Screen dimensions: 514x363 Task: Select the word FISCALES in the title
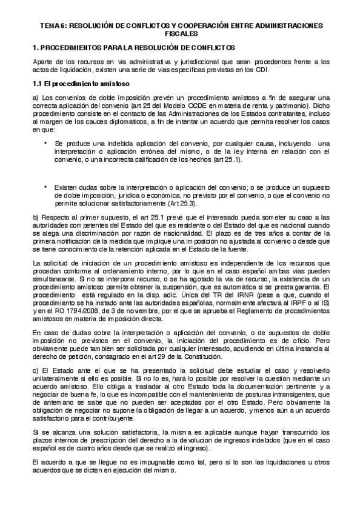tap(181, 35)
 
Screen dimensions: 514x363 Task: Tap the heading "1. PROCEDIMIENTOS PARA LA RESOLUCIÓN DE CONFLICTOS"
tap(134, 47)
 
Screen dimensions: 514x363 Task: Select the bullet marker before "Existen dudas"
tap(46, 187)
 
